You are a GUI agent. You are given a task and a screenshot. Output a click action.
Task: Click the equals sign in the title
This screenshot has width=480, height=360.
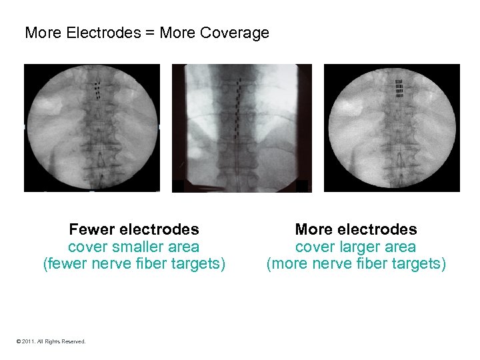coord(150,33)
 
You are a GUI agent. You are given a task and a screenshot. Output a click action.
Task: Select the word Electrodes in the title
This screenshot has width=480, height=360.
coord(104,33)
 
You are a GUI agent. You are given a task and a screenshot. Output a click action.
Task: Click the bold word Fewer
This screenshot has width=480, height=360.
coord(92,230)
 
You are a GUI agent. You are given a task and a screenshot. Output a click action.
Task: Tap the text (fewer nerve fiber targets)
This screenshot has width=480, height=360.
coord(134,264)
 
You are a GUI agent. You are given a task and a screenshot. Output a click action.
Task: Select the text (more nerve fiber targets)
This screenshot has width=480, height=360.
coord(356,264)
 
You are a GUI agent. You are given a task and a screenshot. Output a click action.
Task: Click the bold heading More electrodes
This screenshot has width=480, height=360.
coord(356,230)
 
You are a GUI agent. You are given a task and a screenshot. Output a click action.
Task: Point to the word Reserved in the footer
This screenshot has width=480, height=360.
coord(73,341)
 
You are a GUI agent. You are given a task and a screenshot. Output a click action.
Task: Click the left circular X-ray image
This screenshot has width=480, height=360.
coord(92,127)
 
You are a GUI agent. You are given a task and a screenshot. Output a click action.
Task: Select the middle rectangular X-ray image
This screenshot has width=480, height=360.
coord(242,127)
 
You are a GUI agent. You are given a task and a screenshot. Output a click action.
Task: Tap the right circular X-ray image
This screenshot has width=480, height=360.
coord(392,127)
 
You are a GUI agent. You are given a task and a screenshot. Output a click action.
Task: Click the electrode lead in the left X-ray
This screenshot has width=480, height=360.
coord(97,87)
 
